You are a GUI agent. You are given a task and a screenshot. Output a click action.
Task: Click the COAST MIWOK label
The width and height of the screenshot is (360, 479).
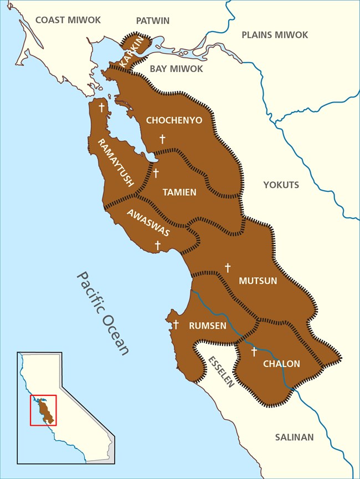click(68, 20)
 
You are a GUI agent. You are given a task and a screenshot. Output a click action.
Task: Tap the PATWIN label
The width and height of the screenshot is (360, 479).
click(152, 21)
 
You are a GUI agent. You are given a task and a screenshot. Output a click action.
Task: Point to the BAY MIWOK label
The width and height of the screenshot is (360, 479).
click(176, 69)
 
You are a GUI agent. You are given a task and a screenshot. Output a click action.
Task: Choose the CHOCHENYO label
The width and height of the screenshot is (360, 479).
click(174, 120)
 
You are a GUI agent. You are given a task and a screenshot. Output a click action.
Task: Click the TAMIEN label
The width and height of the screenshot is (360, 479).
click(179, 192)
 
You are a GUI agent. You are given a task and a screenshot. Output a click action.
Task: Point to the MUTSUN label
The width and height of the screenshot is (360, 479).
click(257, 281)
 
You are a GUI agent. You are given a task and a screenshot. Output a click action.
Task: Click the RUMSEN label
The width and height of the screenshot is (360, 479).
click(207, 326)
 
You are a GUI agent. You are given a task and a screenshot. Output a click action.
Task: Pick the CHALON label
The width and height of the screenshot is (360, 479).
click(281, 364)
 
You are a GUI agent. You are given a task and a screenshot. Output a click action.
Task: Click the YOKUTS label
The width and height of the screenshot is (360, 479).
click(281, 185)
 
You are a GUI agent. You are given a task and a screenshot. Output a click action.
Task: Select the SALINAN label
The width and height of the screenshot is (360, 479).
click(294, 437)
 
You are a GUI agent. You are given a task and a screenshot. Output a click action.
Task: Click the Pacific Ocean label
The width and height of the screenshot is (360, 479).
click(103, 313)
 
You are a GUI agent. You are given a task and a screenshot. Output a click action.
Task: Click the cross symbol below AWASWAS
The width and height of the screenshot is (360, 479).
click(158, 244)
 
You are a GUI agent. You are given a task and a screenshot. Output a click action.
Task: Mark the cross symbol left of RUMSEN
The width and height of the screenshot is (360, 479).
click(176, 324)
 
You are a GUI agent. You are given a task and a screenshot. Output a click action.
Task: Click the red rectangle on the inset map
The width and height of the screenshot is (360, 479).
click(43, 410)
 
